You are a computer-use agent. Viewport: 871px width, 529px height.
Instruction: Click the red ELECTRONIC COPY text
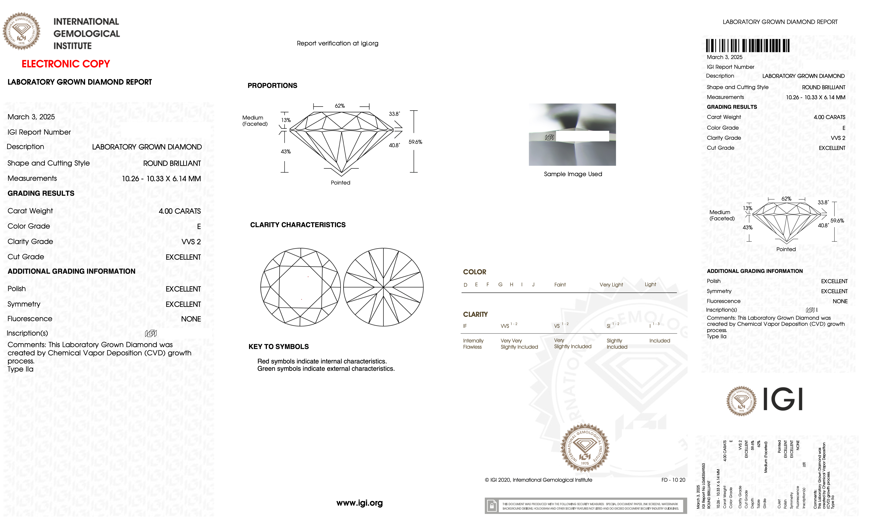point(66,64)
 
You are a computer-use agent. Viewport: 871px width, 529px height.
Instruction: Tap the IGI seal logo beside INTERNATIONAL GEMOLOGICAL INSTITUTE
point(22,31)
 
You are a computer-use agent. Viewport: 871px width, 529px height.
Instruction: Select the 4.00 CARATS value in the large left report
point(180,211)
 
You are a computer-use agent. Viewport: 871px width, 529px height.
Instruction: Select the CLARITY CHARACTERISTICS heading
point(298,225)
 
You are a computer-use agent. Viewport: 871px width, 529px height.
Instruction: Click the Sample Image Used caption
point(573,174)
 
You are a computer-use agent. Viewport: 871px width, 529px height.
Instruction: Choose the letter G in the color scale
point(500,285)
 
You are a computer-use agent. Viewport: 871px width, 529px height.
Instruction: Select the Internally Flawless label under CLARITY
point(473,344)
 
